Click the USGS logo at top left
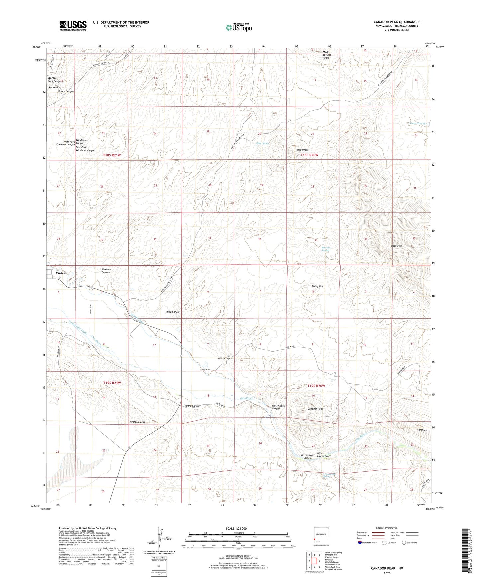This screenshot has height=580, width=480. pos(73,25)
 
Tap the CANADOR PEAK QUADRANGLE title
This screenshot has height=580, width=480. pos(397,22)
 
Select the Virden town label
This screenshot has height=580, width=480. pos(61,273)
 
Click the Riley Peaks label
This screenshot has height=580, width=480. pos(302,150)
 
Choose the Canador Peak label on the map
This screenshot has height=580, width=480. pos(315,409)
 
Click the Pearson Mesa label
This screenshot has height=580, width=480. pos(137,422)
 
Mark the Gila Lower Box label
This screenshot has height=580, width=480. pos(323,455)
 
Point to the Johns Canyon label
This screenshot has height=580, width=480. pos(225,358)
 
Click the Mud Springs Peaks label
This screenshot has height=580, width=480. pos(326,55)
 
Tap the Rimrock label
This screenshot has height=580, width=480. pos(422,430)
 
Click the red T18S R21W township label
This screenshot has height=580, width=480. pos(112,155)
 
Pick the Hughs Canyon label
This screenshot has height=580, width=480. pos(192,406)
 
